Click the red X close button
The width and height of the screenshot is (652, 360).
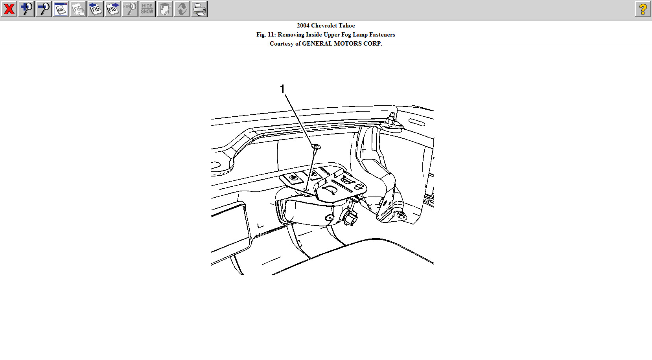pyautogui.click(x=9, y=9)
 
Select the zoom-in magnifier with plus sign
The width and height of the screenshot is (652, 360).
pyautogui.click(x=26, y=9)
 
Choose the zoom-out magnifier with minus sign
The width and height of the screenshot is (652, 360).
pyautogui.click(x=44, y=9)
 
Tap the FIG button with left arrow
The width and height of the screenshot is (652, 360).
pyautogui.click(x=96, y=9)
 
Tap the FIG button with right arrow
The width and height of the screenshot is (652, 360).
pyautogui.click(x=113, y=9)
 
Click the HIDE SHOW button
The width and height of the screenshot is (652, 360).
pyautogui.click(x=147, y=9)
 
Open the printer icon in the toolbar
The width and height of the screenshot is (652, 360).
pyautogui.click(x=199, y=9)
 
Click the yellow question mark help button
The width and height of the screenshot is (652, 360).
pyautogui.click(x=643, y=9)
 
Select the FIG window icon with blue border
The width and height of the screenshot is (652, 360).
pyautogui.click(x=61, y=9)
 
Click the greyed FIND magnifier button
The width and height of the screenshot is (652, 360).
pyautogui.click(x=130, y=9)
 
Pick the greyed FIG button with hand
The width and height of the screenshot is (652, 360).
pyautogui.click(x=78, y=9)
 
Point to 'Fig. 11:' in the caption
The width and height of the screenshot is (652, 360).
pyautogui.click(x=266, y=35)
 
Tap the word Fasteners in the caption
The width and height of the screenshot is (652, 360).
pyautogui.click(x=382, y=35)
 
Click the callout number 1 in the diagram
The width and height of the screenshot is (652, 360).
pyautogui.click(x=282, y=89)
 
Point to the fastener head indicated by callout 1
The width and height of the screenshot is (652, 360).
pyautogui.click(x=316, y=147)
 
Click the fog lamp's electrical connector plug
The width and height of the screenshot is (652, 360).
pyautogui.click(x=349, y=217)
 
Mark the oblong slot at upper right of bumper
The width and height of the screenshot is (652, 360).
pyautogui.click(x=417, y=122)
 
